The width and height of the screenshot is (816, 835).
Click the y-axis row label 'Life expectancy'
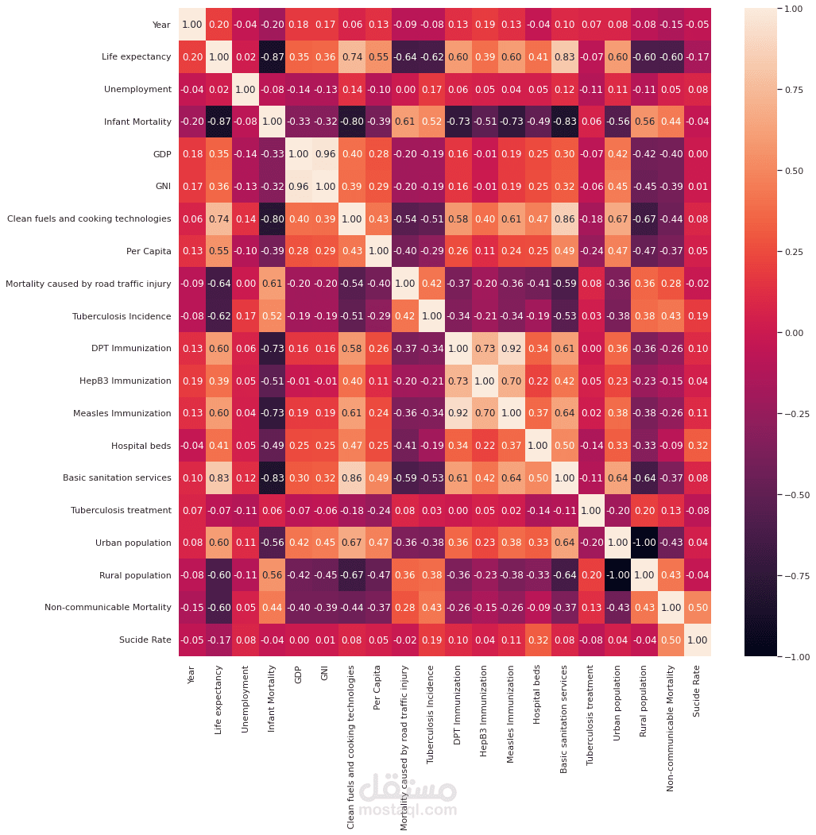[136, 57]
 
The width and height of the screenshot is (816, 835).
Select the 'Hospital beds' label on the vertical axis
[141, 446]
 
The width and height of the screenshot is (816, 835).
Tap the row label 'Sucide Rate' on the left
[145, 640]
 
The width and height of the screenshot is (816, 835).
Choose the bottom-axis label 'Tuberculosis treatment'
[590, 720]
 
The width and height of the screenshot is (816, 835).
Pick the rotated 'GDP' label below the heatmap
[299, 675]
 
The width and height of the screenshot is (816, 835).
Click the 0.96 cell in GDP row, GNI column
[325, 154]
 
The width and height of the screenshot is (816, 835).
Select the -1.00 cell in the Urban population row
[644, 543]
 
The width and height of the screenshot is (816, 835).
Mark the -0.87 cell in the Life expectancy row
[272, 57]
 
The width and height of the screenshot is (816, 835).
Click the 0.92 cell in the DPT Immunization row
[511, 349]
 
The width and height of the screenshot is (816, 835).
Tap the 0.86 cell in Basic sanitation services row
[351, 478]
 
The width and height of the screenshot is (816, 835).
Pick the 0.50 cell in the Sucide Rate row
[671, 640]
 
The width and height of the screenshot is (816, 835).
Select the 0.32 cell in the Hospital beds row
[698, 446]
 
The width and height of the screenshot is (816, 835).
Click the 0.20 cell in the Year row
[219, 25]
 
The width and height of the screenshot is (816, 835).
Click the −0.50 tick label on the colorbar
[793, 494]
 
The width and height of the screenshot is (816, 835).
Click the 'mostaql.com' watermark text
[408, 811]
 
